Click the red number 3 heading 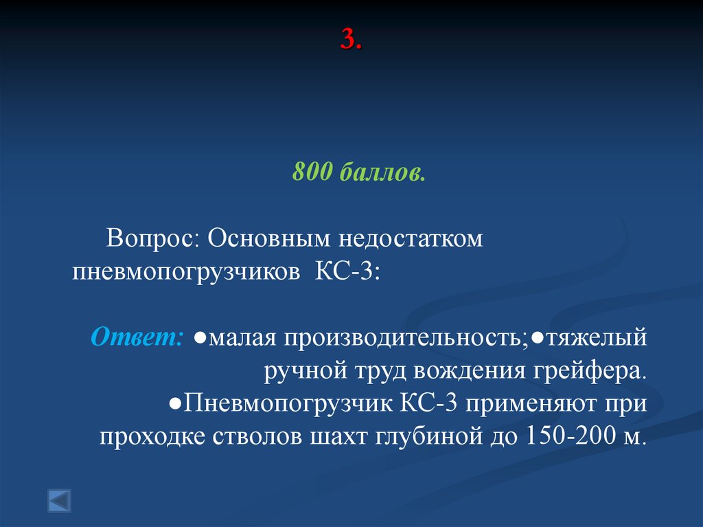351,41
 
